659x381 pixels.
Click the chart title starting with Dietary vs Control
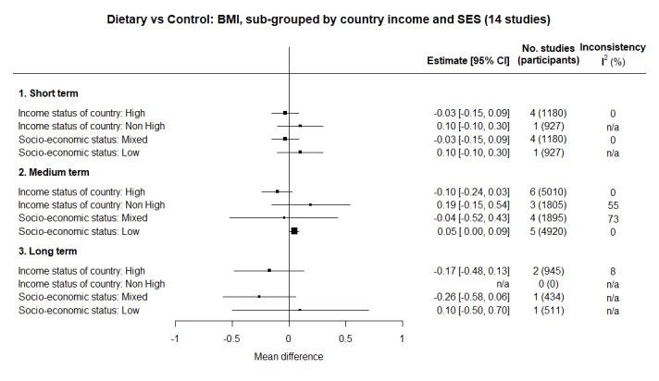point(329,18)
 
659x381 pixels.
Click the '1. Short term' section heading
point(48,93)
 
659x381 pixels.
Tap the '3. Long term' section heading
point(48,251)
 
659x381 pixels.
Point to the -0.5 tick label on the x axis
point(231,338)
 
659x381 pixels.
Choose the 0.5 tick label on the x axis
point(345,338)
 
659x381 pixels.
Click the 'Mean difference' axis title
point(289,356)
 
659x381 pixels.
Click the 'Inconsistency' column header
point(615,47)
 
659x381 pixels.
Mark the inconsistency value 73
point(613,217)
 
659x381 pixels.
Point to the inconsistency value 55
point(613,204)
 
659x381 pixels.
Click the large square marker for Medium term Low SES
point(294,231)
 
